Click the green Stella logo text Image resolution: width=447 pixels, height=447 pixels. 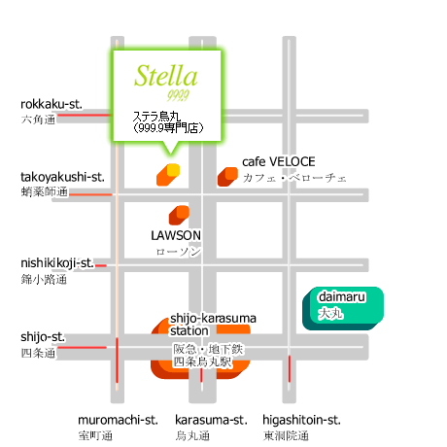pos(166,76)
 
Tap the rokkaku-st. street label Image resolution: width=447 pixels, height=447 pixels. pos(52,104)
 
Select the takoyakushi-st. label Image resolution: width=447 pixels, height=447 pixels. pos(62,177)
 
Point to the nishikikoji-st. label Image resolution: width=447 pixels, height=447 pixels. pos(57,263)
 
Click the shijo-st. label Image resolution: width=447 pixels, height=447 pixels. pos(43,337)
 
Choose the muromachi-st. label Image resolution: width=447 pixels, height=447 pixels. pos(118,420)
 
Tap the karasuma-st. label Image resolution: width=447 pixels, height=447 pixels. pos(211,420)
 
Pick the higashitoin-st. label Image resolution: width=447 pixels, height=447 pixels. pos(301,420)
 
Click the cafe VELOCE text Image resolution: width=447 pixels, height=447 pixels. pos(279,161)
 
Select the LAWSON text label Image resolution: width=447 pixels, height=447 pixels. pos(176,235)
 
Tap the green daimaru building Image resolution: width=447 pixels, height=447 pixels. pos(343,308)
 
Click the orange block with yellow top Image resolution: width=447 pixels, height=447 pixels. pos(168,175)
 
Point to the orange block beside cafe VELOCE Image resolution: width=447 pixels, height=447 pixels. pos(227,177)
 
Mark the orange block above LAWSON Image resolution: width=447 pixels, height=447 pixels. pos(179,215)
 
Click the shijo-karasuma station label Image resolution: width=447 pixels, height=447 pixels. pos(213,325)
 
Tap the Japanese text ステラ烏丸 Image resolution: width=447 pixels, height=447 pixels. pos(156,116)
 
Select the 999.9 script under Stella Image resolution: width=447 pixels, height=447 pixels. pos(178,95)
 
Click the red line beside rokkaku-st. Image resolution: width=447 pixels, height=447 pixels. pos(84,115)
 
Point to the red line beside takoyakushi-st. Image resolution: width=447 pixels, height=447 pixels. pos(90,194)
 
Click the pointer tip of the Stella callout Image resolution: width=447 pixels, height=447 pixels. pos(171,155)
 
